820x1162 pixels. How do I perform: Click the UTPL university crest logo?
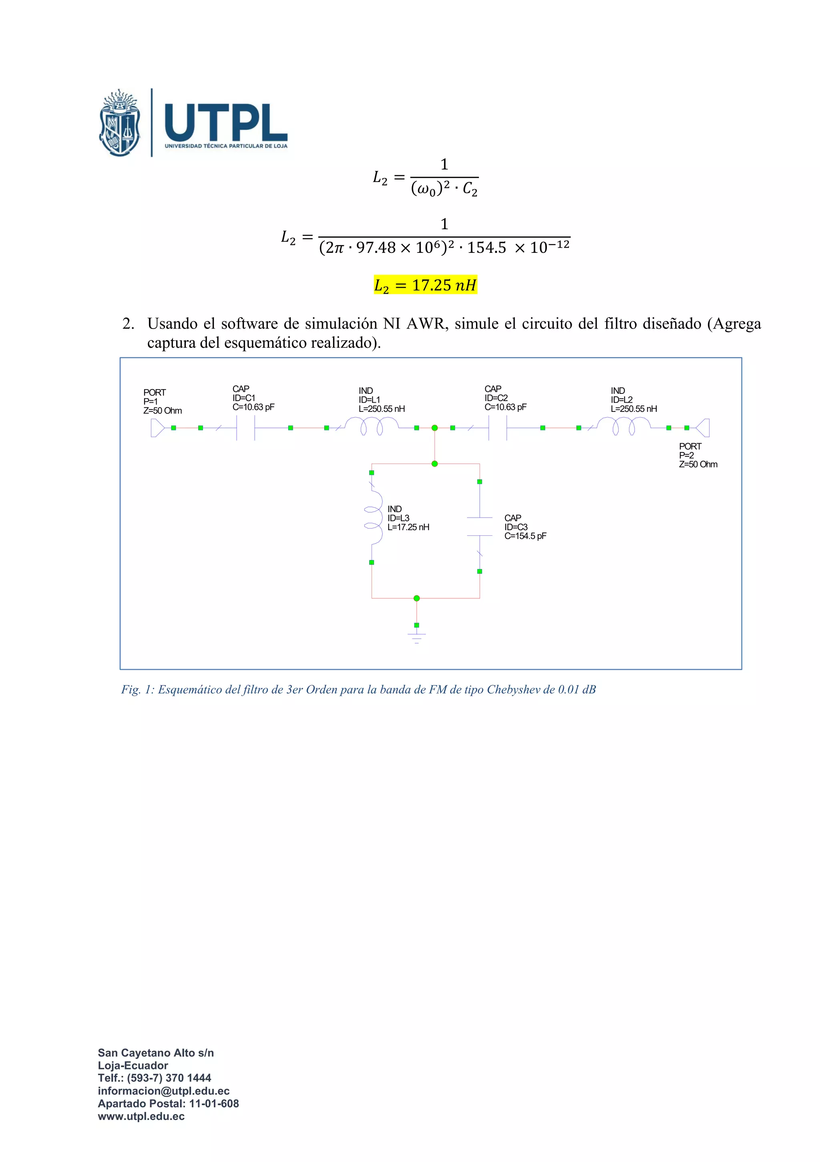120,123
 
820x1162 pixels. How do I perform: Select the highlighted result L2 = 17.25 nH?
425,285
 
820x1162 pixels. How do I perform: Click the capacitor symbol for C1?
245,428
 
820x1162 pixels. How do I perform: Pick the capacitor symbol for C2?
497,428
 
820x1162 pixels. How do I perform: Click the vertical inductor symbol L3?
373,517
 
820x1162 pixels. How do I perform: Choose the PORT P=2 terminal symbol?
703,428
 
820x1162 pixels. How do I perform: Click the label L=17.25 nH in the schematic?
408,527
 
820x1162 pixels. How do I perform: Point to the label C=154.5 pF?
525,536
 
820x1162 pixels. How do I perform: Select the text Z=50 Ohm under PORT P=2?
698,464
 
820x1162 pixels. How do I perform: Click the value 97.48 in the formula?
376,248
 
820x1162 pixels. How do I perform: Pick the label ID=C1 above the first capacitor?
244,398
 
